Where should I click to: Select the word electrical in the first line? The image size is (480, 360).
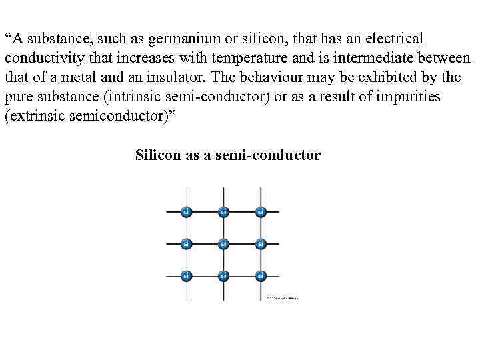click(x=391, y=39)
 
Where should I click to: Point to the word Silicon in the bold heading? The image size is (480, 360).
click(x=157, y=155)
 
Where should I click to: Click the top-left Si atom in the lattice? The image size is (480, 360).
click(x=187, y=212)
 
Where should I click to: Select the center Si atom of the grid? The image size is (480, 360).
click(x=223, y=243)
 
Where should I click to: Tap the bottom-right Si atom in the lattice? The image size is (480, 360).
click(x=260, y=275)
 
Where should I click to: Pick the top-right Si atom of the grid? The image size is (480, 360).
click(x=260, y=212)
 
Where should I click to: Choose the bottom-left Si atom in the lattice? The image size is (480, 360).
click(x=187, y=275)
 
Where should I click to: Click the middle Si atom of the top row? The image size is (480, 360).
click(x=223, y=212)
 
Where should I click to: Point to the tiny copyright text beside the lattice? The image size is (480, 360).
click(x=282, y=298)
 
